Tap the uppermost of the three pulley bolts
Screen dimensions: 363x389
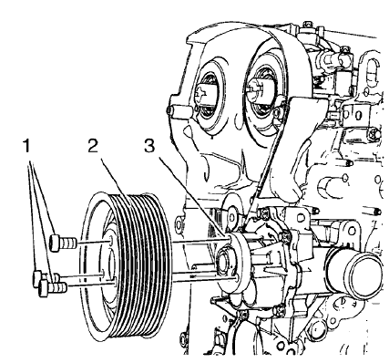pyautogui.click(x=59, y=243)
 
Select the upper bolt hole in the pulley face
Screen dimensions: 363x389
pyautogui.click(x=101, y=244)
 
